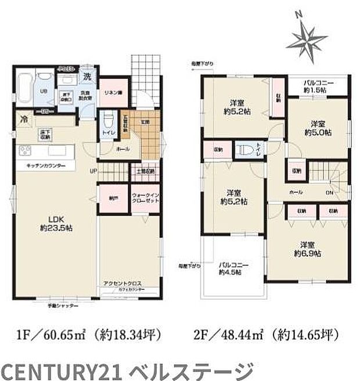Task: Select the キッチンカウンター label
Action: pyautogui.click(x=41, y=166)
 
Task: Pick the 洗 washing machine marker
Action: pyautogui.click(x=86, y=77)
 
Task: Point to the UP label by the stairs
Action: pyautogui.click(x=93, y=172)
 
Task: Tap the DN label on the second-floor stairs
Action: pyautogui.click(x=329, y=192)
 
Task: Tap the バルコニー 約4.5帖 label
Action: pyautogui.click(x=234, y=270)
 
